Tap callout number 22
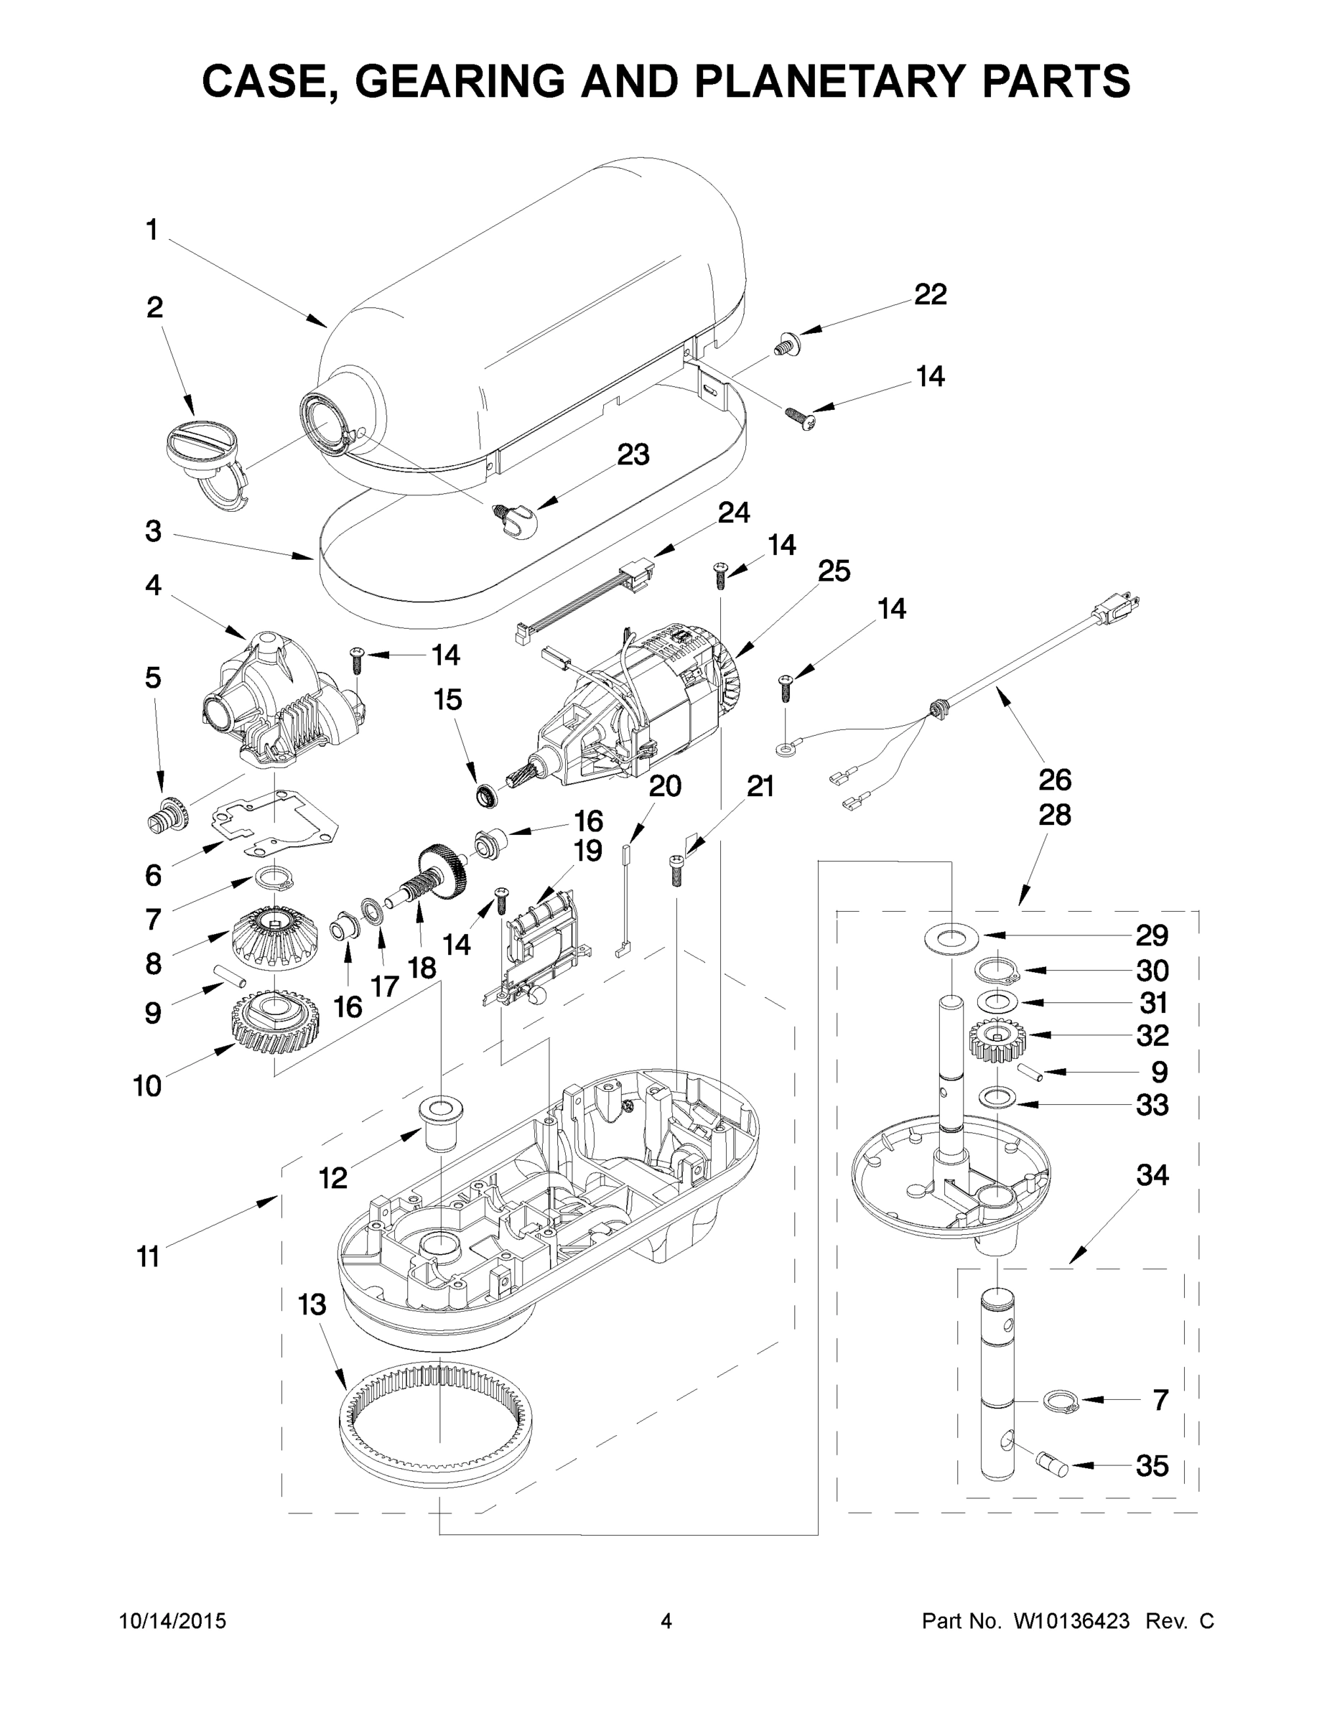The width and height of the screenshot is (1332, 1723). [x=930, y=294]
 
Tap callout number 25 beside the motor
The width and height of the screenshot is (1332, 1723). [x=833, y=571]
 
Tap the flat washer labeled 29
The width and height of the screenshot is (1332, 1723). [x=950, y=936]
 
